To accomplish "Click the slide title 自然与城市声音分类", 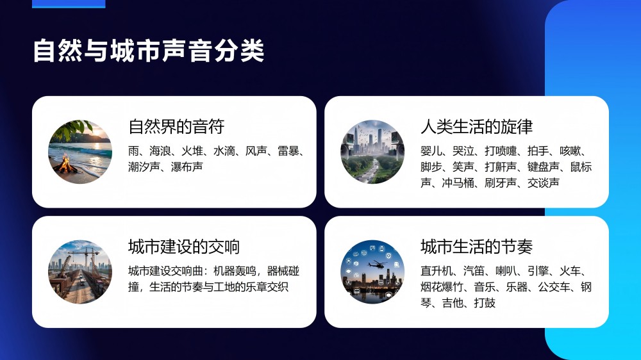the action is (149, 51).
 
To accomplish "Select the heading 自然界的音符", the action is (176, 127).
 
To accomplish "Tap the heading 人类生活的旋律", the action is (477, 127).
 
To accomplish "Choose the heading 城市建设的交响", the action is (184, 247).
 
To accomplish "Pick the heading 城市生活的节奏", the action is (477, 247).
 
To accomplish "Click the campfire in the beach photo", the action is (65, 164).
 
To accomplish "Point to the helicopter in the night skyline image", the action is (377, 265).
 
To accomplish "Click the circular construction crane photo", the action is (80, 272).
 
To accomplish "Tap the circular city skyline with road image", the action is (372, 152).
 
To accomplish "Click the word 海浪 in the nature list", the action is (160, 151).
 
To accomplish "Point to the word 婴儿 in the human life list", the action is (431, 151).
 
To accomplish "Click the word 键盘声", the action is (544, 167).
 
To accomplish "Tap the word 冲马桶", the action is (458, 183).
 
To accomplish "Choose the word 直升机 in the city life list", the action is (437, 271).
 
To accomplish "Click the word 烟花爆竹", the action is (442, 287).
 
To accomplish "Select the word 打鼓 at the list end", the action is (485, 303).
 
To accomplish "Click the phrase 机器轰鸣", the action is (235, 271).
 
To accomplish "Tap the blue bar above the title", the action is (69, 4).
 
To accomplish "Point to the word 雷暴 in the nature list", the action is (288, 151).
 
